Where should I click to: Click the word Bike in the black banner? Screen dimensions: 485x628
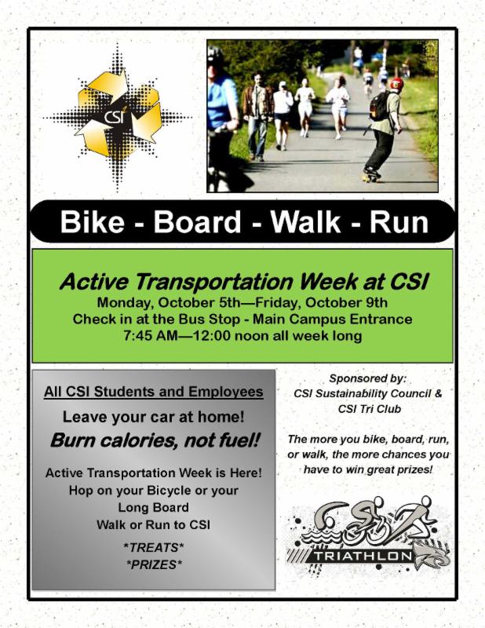[x=92, y=221]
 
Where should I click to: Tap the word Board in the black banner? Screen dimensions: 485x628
[x=197, y=221]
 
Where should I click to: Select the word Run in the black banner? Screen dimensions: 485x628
[x=399, y=221]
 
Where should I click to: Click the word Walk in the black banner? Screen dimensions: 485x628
[x=305, y=221]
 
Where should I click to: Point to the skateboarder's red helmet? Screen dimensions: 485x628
[x=396, y=84]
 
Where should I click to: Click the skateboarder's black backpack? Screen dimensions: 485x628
[x=379, y=106]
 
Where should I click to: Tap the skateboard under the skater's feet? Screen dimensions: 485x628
[x=372, y=175]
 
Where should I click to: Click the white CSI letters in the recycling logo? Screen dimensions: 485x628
[x=114, y=116]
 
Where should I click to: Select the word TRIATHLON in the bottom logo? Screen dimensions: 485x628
[x=363, y=556]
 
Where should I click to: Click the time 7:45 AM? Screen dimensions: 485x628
[x=150, y=335]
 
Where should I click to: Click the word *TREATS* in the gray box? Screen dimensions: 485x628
[x=154, y=547]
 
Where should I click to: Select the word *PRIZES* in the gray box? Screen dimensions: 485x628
[x=154, y=564]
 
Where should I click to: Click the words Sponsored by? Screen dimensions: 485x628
[x=367, y=378]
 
